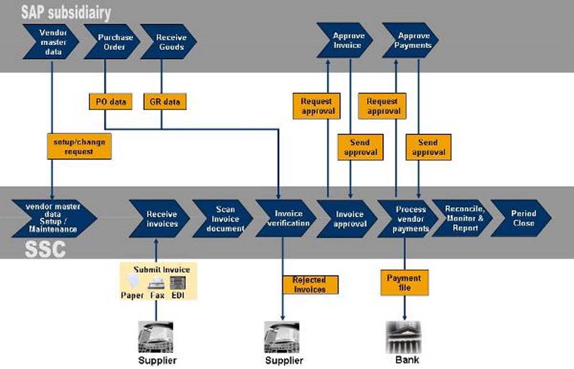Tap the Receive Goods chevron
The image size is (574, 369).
tap(169, 42)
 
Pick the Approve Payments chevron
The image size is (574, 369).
tap(412, 40)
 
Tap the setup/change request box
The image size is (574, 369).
tap(79, 146)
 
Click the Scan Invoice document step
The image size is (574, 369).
tap(223, 219)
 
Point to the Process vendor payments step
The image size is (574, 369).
tap(409, 219)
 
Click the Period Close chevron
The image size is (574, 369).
tap(522, 218)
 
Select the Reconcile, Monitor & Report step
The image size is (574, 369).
tap(463, 218)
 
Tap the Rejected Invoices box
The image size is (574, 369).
tap(310, 285)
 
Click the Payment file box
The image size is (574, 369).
tap(404, 283)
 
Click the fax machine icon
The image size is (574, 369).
tap(156, 283)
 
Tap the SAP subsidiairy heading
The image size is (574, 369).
tap(66, 11)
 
